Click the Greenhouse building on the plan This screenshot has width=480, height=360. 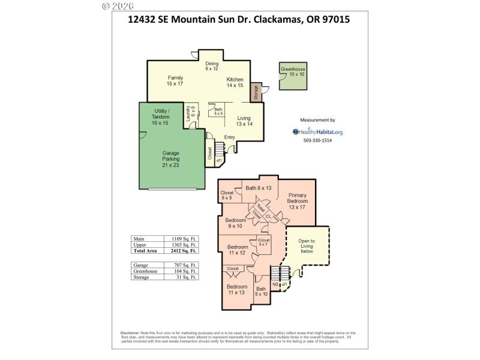[x=293, y=76]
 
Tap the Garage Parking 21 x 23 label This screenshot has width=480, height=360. [x=171, y=159]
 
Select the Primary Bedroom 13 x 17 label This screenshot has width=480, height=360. [x=298, y=201]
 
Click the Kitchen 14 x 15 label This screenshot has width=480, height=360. [x=235, y=83]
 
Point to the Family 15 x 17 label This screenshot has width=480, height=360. [x=175, y=80]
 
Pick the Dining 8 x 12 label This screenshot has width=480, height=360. [x=212, y=66]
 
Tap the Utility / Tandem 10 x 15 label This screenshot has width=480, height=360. [x=160, y=116]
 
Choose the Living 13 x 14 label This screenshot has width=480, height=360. [x=244, y=121]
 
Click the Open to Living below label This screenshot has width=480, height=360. [x=307, y=247]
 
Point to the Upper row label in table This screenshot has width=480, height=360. [x=139, y=245]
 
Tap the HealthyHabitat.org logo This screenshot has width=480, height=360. [x=317, y=132]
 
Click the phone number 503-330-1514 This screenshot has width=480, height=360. [x=317, y=140]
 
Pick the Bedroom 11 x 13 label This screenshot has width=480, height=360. [x=237, y=289]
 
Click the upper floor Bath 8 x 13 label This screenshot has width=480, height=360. [x=259, y=188]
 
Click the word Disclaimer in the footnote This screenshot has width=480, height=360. [x=130, y=332]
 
